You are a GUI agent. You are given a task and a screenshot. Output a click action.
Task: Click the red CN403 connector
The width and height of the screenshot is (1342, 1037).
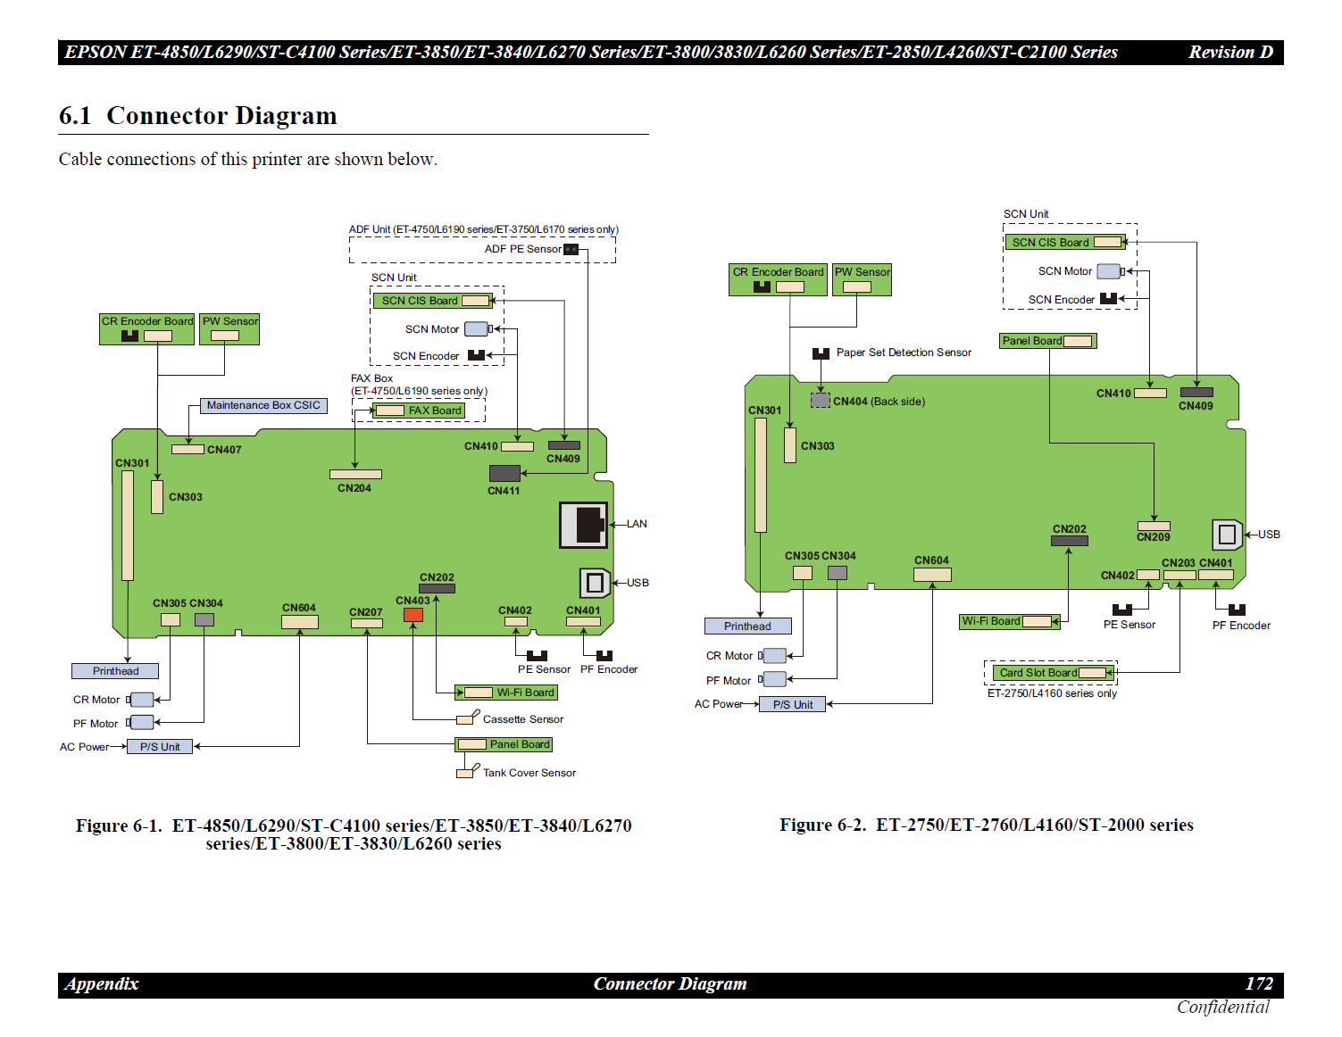pos(413,615)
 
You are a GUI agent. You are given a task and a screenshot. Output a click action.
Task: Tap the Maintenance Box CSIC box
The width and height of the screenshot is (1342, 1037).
pos(263,406)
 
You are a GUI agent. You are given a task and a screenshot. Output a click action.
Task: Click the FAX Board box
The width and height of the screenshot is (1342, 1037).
pos(419,411)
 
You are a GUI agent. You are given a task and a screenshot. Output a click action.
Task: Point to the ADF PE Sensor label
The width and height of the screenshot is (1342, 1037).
pos(522,249)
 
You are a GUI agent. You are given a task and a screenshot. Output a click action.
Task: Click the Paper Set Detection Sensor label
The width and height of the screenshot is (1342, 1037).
pos(904,353)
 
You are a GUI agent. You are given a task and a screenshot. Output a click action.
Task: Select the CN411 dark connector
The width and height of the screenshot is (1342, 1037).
pos(504,473)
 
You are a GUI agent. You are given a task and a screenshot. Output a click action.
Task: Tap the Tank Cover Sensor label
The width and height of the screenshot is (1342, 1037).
pos(529,773)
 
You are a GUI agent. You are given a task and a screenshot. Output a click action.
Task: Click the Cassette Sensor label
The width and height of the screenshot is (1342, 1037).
pos(522,719)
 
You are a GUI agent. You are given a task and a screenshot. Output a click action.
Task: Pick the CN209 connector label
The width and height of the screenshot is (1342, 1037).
pos(1153,537)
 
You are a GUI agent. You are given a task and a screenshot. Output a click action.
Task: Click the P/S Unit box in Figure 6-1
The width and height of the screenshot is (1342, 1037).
pos(160,747)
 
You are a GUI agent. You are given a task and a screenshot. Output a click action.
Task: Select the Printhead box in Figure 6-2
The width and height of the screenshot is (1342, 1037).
pos(747,626)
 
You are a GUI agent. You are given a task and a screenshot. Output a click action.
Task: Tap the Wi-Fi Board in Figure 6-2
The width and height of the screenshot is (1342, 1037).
pos(1009,621)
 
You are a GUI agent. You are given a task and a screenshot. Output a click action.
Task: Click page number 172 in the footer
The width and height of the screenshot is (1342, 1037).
pos(1259,983)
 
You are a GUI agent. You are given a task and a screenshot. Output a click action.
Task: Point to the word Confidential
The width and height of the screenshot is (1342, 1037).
pos(1222,1008)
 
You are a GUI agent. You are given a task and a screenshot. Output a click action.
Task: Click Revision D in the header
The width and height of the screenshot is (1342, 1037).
pos(1230,53)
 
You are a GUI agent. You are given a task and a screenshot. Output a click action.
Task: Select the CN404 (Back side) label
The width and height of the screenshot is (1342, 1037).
pos(879,402)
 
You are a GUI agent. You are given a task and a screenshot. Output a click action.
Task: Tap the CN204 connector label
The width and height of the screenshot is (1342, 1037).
pos(354,488)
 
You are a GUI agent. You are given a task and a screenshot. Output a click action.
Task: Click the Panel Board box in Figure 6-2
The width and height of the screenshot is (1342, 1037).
pos(1047,341)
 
